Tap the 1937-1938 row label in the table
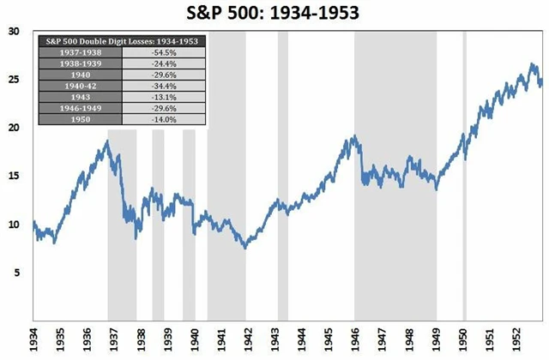(80, 52)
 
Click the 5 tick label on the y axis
(15, 273)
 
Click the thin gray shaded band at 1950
(464, 214)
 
